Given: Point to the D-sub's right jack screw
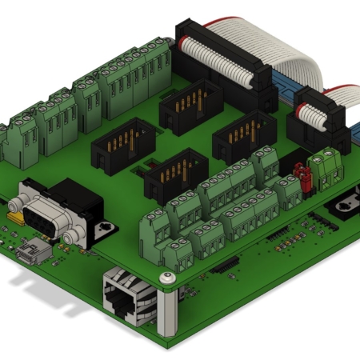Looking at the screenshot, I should pyautogui.click(x=73, y=233).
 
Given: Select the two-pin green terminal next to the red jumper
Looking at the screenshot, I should pyautogui.click(x=325, y=164).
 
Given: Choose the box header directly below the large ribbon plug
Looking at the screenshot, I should pyautogui.click(x=189, y=106).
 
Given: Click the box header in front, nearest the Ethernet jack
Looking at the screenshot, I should pyautogui.click(x=175, y=176).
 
